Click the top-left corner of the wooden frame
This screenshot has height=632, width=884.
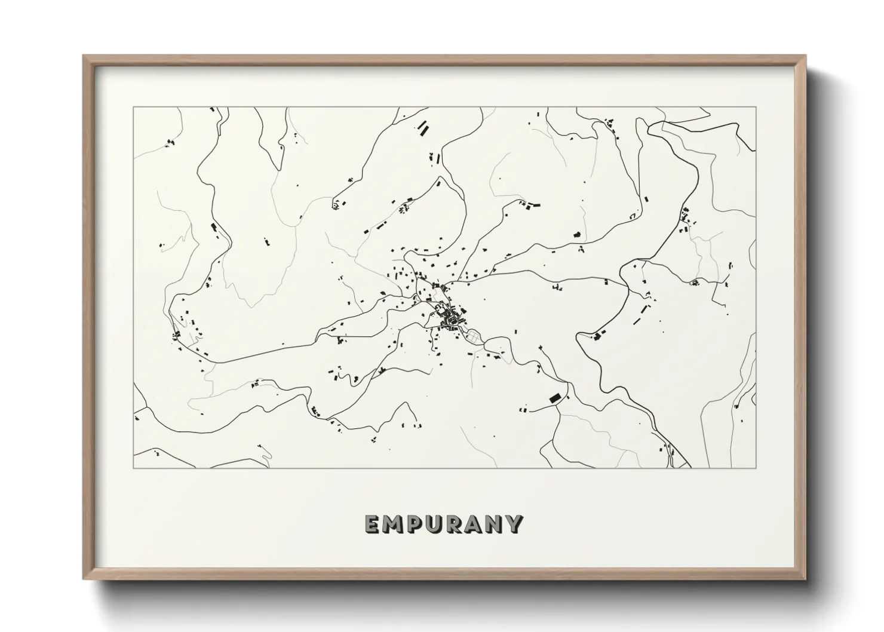[x=84, y=56]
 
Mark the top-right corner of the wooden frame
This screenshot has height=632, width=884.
[x=805, y=56]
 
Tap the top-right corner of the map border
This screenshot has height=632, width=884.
[x=756, y=108]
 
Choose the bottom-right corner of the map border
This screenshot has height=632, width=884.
[x=756, y=468]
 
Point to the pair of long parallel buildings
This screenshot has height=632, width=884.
[x=423, y=128]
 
